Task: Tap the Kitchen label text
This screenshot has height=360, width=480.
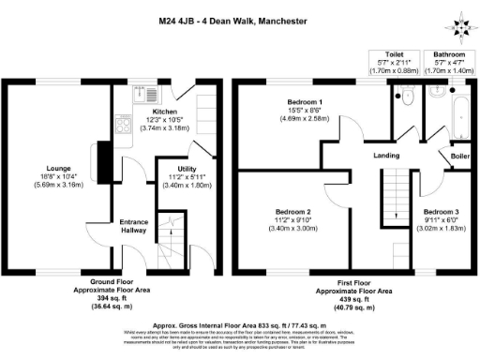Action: pos(164,111)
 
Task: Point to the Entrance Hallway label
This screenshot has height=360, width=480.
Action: pos(134,226)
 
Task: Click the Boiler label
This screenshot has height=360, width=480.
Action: pos(460,156)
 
